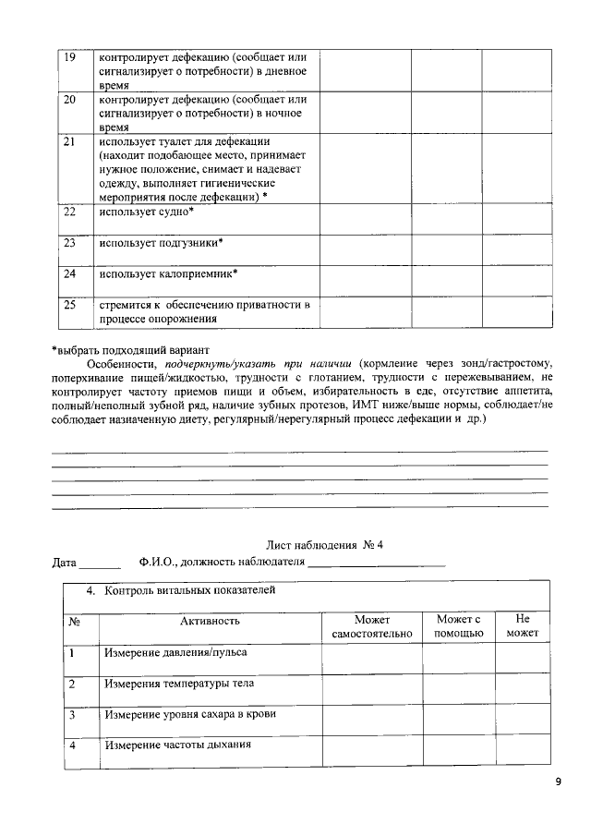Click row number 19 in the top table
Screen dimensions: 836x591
[68, 57]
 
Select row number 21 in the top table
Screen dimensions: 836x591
[68, 142]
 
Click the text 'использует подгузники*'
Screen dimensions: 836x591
[162, 243]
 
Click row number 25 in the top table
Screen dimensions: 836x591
[68, 305]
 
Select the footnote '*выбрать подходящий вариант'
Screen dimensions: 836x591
[131, 349]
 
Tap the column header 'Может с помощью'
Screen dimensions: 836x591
[459, 626]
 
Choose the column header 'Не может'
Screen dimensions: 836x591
[522, 626]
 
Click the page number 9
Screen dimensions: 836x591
[557, 781]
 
